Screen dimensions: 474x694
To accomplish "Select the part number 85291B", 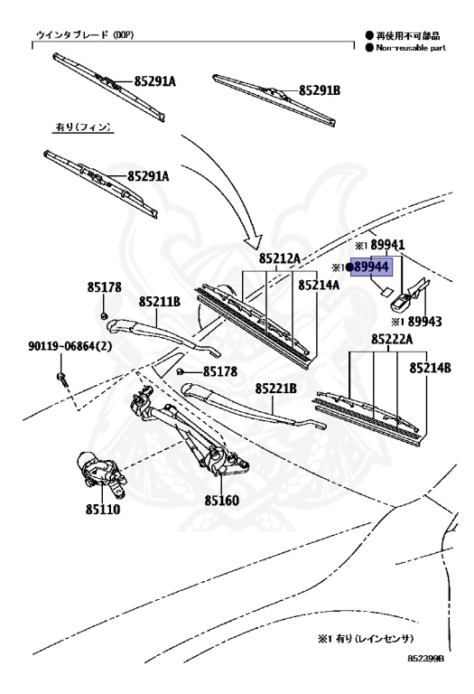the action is pyautogui.click(x=320, y=90).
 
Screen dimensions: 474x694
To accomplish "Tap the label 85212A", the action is pyautogui.click(x=280, y=258).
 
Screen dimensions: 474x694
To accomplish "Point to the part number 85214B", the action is pyautogui.click(x=430, y=368).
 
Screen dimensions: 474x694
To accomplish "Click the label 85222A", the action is pyautogui.click(x=392, y=340).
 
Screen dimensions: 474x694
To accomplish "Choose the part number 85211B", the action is pyautogui.click(x=160, y=302).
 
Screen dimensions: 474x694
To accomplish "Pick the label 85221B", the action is pyautogui.click(x=275, y=389).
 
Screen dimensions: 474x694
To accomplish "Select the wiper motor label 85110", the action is pyautogui.click(x=103, y=509).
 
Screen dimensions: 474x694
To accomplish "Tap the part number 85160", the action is pyautogui.click(x=221, y=501).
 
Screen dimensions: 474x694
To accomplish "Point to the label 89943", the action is pyautogui.click(x=424, y=322).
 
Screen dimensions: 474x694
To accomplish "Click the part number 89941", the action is pyautogui.click(x=388, y=245).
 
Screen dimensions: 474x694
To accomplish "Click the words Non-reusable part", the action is pyautogui.click(x=411, y=48).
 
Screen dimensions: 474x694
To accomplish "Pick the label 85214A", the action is pyautogui.click(x=319, y=285).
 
